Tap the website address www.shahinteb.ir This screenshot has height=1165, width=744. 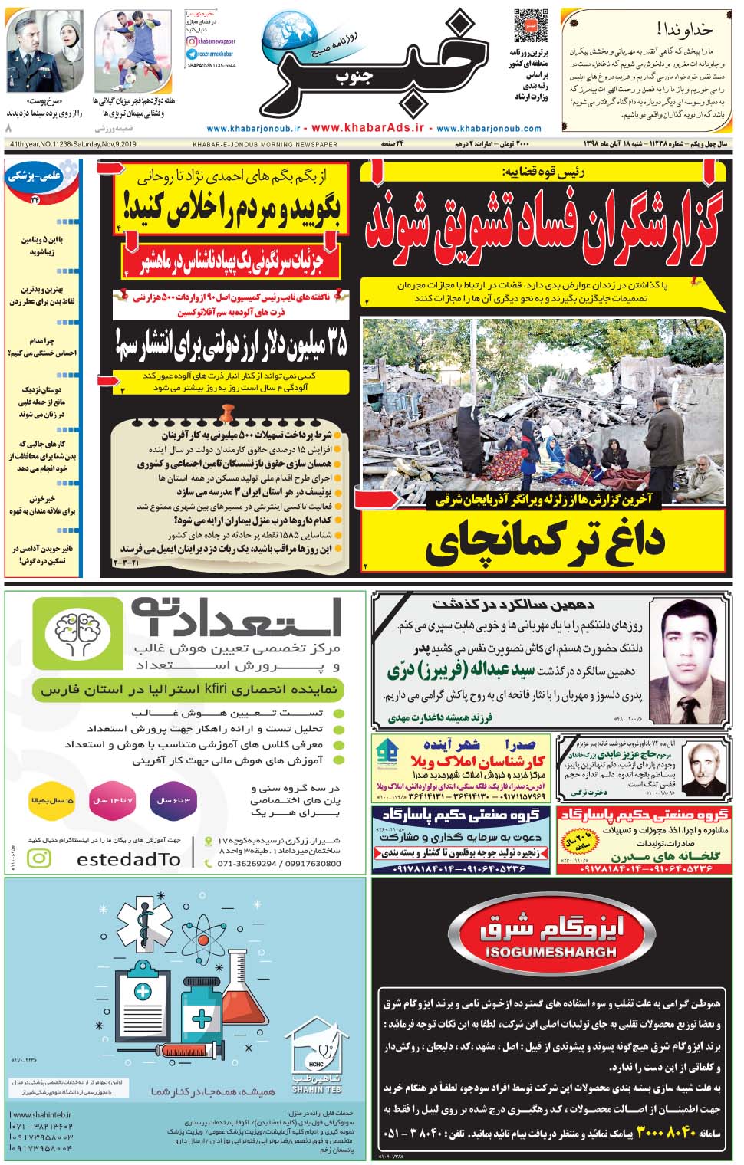pos(41,1115)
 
